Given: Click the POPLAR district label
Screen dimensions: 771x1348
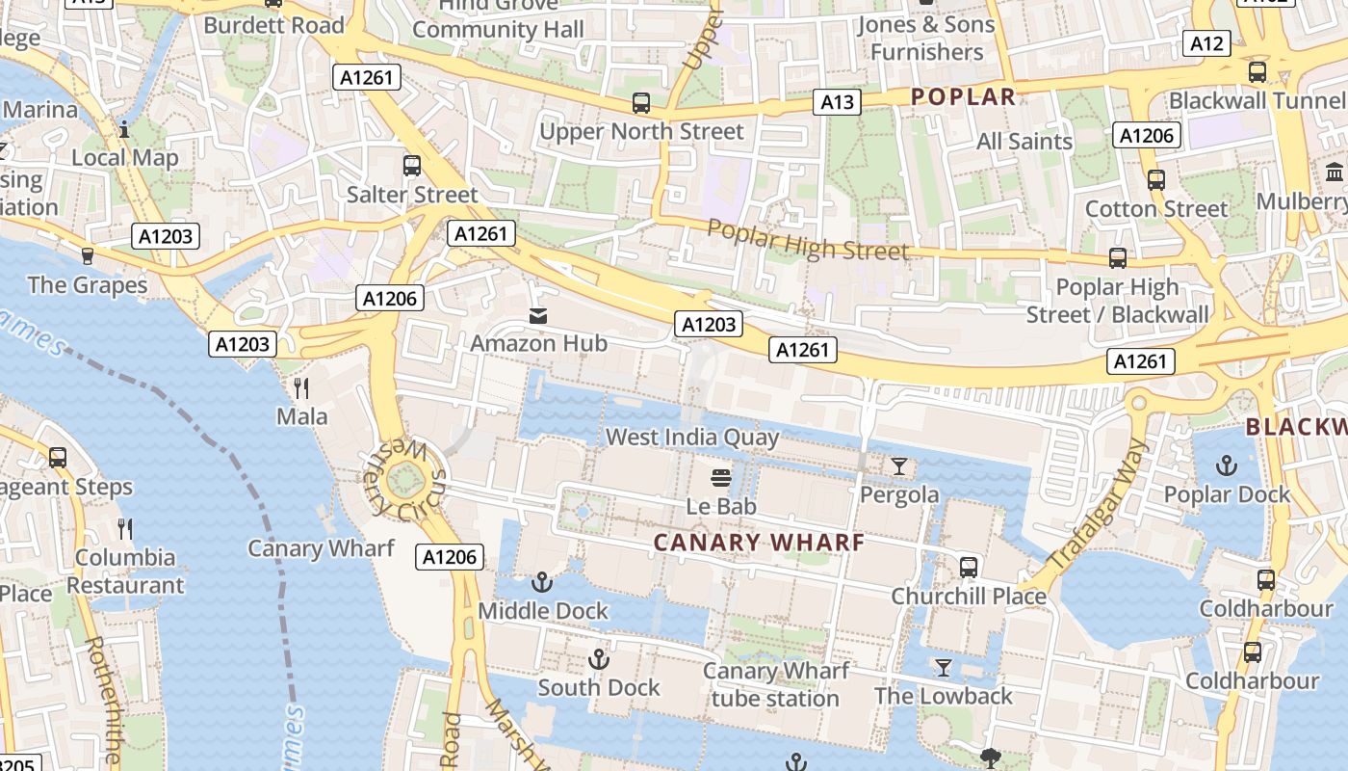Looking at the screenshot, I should [963, 96].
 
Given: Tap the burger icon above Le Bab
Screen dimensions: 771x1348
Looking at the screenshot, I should [720, 478].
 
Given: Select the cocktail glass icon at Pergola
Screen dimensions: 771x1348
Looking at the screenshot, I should [898, 466].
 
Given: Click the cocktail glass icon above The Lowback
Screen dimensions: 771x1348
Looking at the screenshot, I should [944, 667].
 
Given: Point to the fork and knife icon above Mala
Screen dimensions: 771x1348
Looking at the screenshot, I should [301, 388].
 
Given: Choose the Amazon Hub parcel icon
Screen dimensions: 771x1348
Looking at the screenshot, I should [537, 315].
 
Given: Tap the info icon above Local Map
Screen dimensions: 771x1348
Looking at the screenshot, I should [124, 129].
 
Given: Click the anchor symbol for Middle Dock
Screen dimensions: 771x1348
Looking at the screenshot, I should [542, 582].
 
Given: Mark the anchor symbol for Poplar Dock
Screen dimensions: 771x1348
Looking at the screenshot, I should [1226, 466].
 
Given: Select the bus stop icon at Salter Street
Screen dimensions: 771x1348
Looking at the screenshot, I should [412, 166].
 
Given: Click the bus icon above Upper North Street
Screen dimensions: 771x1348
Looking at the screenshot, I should [641, 103].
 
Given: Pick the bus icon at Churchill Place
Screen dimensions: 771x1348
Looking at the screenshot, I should [969, 568].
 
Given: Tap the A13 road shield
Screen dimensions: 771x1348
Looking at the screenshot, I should [836, 102].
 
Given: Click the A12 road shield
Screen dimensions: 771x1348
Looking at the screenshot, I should [1206, 43].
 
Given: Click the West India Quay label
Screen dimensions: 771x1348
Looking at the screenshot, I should [691, 438].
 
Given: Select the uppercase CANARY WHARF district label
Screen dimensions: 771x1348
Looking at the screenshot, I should [759, 542].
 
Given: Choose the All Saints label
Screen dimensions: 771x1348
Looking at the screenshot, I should [1024, 142].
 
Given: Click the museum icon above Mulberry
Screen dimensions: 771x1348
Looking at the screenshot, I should [1335, 173].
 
